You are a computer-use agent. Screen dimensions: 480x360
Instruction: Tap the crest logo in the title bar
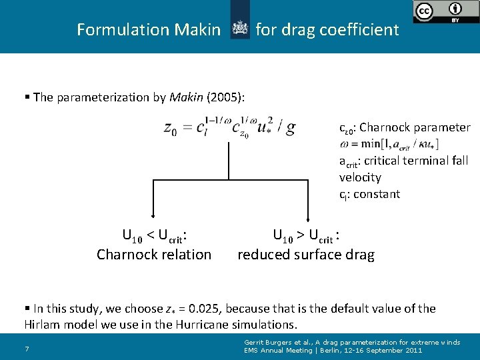click(x=239, y=28)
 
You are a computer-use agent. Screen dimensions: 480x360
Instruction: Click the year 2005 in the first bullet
click(x=223, y=97)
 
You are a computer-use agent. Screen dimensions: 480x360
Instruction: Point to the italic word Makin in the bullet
click(x=187, y=97)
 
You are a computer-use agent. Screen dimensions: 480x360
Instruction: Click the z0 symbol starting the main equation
click(x=171, y=129)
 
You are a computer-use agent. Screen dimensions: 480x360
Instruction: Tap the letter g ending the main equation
click(x=290, y=128)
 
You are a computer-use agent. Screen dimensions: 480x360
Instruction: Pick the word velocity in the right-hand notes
click(x=360, y=177)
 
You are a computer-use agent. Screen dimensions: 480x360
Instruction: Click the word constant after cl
click(x=376, y=194)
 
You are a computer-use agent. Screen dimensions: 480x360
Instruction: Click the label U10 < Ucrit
click(x=154, y=235)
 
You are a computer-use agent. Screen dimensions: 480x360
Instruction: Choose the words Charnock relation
click(x=154, y=254)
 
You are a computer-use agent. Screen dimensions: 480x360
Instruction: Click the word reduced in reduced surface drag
click(x=262, y=254)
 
